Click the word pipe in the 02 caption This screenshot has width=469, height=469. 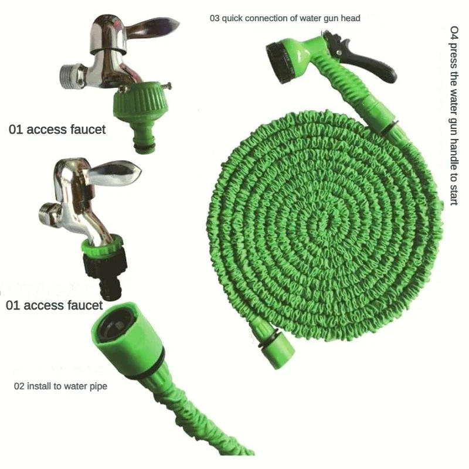[97, 386]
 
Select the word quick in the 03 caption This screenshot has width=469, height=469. [232, 18]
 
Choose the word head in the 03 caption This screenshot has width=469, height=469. [351, 18]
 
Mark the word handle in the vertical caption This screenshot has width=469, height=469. [453, 144]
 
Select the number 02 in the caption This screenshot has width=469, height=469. [19, 386]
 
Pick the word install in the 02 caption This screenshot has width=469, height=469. [38, 386]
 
